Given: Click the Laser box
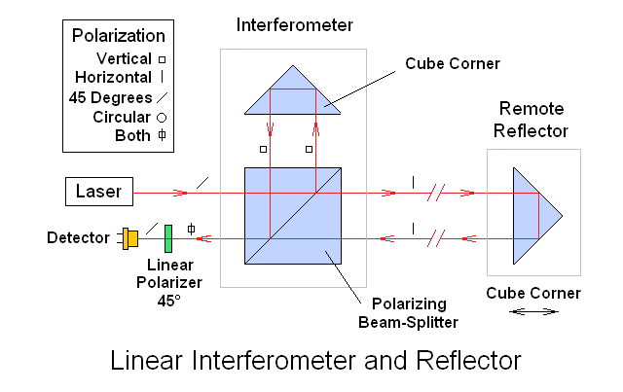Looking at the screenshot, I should tap(99, 192).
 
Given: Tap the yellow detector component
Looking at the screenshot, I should tap(129, 236).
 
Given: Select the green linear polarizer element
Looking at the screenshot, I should tap(168, 237).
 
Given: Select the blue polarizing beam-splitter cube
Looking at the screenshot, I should tap(291, 216).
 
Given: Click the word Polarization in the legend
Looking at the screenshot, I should tap(119, 36).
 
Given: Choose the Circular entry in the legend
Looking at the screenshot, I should tap(123, 117).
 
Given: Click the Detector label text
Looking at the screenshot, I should tap(77, 237).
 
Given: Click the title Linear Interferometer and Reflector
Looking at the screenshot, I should tap(315, 360).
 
